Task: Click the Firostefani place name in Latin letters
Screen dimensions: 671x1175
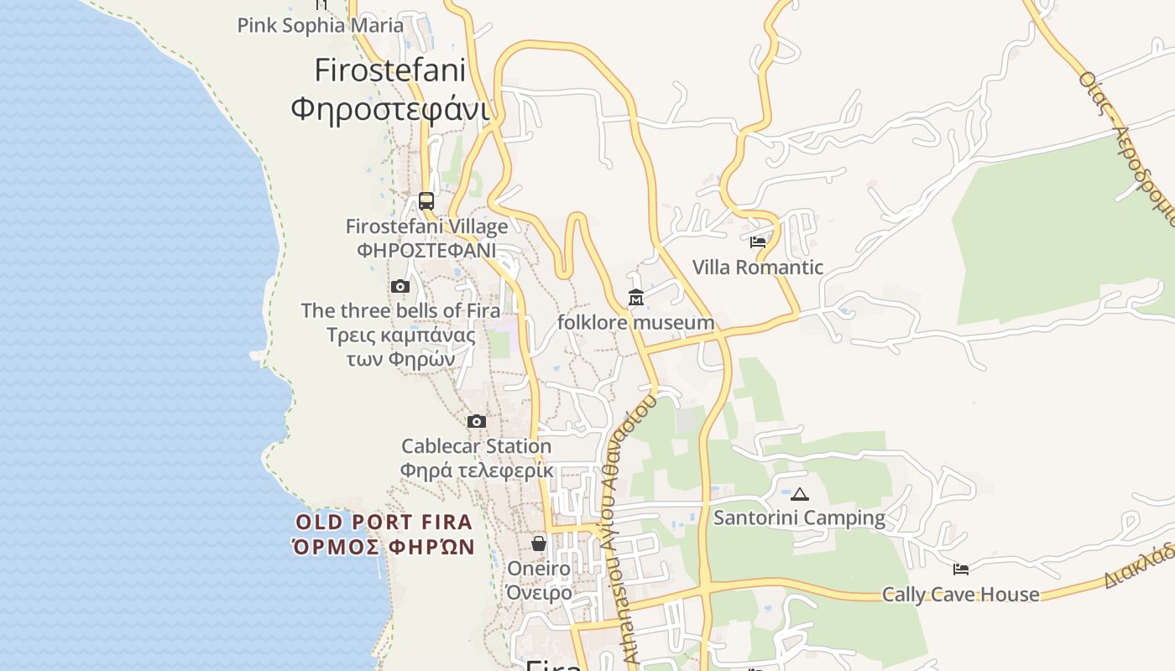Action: pyautogui.click(x=389, y=70)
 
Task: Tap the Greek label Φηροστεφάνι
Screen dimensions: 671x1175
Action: pyautogui.click(x=389, y=109)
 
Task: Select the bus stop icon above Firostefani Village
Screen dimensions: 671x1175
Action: pyautogui.click(x=426, y=201)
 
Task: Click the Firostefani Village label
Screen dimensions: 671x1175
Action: pyautogui.click(x=426, y=226)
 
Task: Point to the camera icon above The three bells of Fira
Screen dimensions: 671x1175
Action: pyautogui.click(x=400, y=287)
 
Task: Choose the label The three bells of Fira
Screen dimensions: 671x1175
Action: pyautogui.click(x=400, y=310)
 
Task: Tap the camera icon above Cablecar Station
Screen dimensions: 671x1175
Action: pyautogui.click(x=477, y=421)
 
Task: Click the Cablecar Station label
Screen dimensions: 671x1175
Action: pyautogui.click(x=476, y=446)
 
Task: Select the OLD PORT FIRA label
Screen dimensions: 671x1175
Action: pyautogui.click(x=384, y=523)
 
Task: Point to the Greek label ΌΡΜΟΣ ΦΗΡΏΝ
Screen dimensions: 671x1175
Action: pyautogui.click(x=384, y=548)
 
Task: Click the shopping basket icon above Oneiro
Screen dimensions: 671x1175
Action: pyautogui.click(x=539, y=544)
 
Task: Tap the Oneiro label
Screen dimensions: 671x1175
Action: pyautogui.click(x=539, y=569)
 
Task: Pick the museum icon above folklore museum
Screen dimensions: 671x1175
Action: pyautogui.click(x=636, y=298)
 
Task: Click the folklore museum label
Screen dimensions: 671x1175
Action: pyautogui.click(x=636, y=323)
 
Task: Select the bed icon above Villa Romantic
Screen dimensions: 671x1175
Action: pyautogui.click(x=758, y=242)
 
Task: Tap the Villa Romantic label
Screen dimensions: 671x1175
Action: pyautogui.click(x=758, y=268)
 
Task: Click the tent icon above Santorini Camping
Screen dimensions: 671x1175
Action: pyautogui.click(x=800, y=494)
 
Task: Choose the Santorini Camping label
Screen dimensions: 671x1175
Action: pyautogui.click(x=799, y=518)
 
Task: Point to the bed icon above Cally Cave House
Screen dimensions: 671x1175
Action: pyautogui.click(x=961, y=570)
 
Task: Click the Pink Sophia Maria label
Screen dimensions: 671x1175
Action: pyautogui.click(x=321, y=25)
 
